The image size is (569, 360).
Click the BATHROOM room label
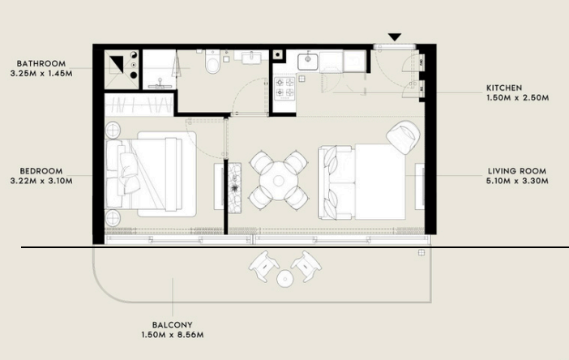tap(41, 64)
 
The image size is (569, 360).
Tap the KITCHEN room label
tap(504, 88)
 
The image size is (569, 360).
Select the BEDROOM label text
tap(41, 171)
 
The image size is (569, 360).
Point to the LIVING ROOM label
tap(517, 171)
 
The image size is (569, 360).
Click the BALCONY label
tap(172, 325)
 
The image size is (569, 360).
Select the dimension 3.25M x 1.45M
tap(41, 73)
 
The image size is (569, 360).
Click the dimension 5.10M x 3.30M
tap(517, 181)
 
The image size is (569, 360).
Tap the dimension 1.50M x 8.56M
tap(173, 335)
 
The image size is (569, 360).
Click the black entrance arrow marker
tap(395, 36)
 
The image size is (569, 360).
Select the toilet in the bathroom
tap(212, 62)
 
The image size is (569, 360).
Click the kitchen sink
tap(308, 62)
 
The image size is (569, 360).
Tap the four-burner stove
tap(284, 88)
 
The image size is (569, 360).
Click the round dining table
tap(278, 180)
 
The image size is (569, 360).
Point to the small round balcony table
tap(284, 279)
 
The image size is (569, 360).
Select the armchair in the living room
tap(403, 136)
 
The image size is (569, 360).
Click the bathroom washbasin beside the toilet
tap(250, 58)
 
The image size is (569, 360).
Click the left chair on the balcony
tap(263, 265)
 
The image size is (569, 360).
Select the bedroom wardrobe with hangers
tap(139, 105)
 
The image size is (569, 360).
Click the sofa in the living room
tap(336, 182)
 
